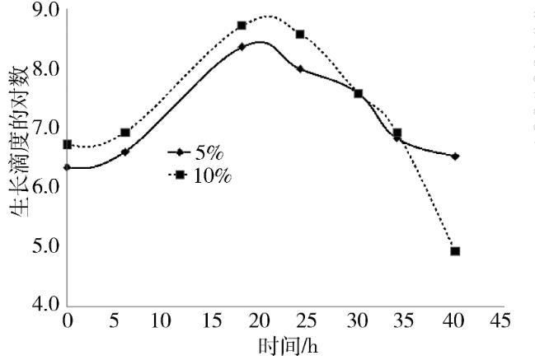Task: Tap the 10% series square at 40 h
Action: click(455, 251)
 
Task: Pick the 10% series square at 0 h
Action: click(68, 144)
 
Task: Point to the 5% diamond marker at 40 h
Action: click(455, 156)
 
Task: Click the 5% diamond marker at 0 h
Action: click(68, 167)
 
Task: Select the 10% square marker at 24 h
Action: click(300, 35)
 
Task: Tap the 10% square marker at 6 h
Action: click(125, 133)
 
